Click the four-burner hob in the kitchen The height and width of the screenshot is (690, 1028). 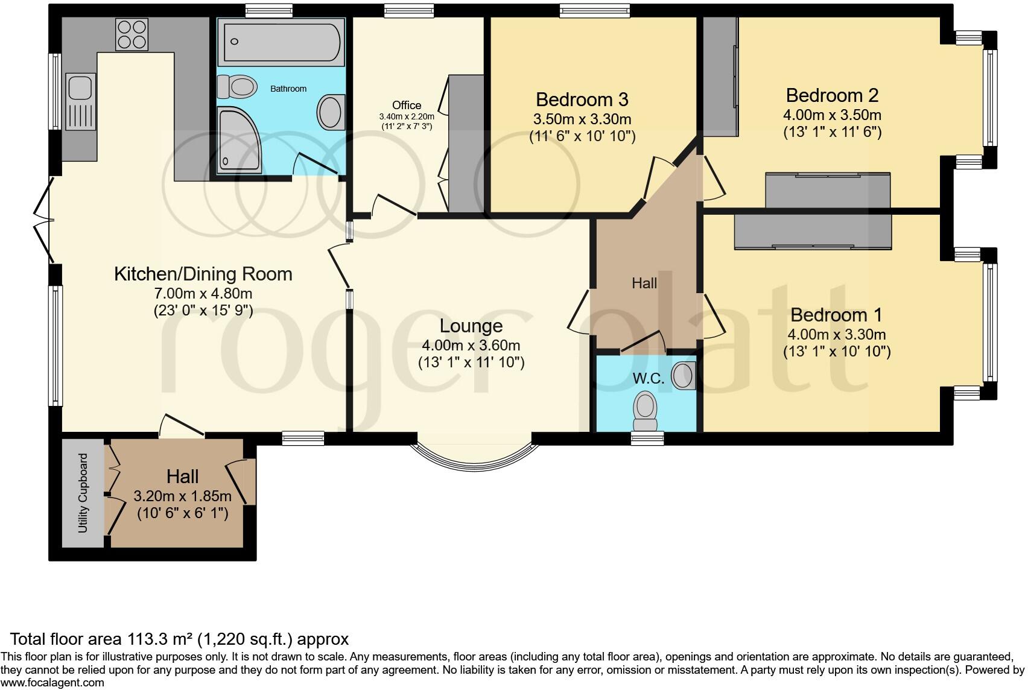click(x=132, y=34)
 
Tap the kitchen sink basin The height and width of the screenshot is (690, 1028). click(x=81, y=87)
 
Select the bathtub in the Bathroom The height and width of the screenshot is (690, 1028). click(x=281, y=42)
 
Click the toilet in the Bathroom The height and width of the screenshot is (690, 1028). click(x=237, y=86)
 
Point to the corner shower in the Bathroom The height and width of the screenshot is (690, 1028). click(x=239, y=141)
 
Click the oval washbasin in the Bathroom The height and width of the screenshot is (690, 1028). click(x=331, y=112)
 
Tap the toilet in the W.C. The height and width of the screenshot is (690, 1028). click(x=646, y=411)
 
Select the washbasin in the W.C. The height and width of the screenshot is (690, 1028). click(x=684, y=376)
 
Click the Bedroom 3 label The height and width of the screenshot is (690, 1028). click(x=582, y=100)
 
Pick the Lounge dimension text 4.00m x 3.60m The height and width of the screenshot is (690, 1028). click(x=471, y=345)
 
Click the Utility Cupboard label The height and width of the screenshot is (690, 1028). click(x=83, y=493)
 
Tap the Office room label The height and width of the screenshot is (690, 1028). click(x=407, y=105)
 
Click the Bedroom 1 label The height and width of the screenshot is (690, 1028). click(x=836, y=315)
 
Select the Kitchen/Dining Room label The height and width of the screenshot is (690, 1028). click(x=203, y=274)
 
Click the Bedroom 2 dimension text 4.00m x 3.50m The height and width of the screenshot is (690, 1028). click(x=832, y=115)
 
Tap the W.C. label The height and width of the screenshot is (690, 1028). click(x=649, y=379)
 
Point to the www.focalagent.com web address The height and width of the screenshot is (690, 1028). click(x=52, y=683)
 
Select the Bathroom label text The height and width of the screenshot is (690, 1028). click(x=288, y=89)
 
